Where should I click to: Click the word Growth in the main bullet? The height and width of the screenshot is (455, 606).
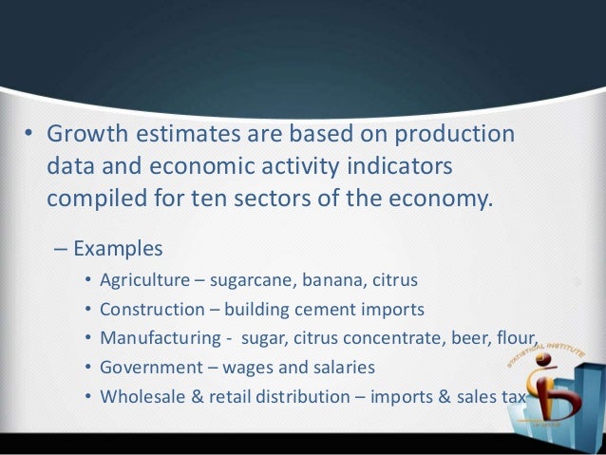point(86,135)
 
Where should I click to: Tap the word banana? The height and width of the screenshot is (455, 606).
point(338,281)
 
